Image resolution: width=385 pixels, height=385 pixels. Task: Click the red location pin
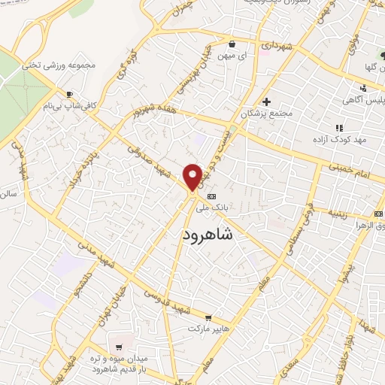192,176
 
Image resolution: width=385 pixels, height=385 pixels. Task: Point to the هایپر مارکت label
208,329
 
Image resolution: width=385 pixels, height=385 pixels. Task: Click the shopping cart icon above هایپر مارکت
208,317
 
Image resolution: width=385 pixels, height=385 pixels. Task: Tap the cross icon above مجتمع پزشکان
265,102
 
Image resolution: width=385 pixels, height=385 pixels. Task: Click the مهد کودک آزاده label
339,141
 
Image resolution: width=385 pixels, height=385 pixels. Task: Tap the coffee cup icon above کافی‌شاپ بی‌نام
69,95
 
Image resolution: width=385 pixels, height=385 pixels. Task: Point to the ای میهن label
232,55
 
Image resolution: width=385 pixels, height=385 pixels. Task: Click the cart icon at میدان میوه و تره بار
119,347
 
